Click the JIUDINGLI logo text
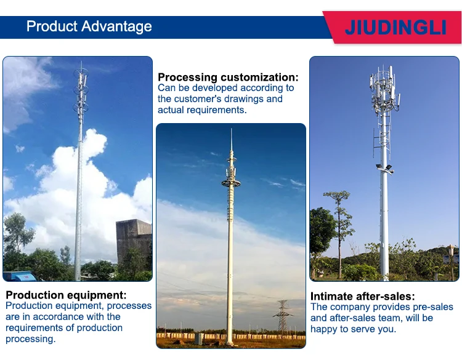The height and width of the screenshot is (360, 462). point(395,28)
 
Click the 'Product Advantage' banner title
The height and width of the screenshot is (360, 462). point(89,26)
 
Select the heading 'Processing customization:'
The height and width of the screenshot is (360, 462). point(228,77)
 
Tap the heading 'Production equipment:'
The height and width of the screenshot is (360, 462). point(66,295)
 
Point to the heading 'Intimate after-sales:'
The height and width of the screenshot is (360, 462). point(362,296)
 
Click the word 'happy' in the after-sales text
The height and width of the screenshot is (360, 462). point(325,329)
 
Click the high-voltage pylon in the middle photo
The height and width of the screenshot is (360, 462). point(283,317)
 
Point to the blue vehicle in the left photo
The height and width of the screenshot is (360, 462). point(15,276)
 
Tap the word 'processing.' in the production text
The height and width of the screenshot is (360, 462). point(30,338)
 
